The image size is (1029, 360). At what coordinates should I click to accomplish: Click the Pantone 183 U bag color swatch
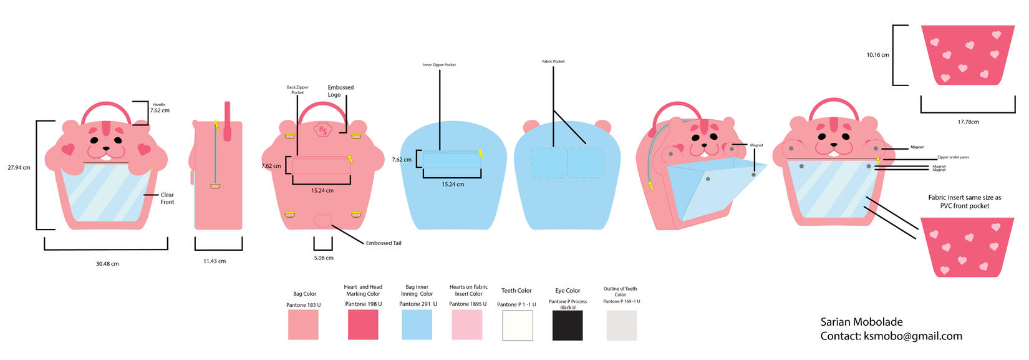pyautogui.click(x=303, y=325)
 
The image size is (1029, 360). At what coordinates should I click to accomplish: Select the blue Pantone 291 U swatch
pyautogui.click(x=417, y=325)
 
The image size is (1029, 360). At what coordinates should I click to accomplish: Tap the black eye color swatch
pyautogui.click(x=568, y=325)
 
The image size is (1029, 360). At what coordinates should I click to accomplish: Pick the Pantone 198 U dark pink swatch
pyautogui.click(x=363, y=325)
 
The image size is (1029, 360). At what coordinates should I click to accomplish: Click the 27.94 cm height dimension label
pyautogui.click(x=19, y=168)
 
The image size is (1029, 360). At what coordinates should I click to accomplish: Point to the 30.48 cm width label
pyautogui.click(x=107, y=264)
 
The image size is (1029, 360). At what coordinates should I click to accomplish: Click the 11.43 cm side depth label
pyautogui.click(x=215, y=261)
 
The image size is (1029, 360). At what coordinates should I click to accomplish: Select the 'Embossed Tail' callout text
pyautogui.click(x=384, y=243)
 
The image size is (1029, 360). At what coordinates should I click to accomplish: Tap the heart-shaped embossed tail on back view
pyautogui.click(x=323, y=221)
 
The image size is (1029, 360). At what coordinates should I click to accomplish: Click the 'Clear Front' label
pyautogui.click(x=167, y=198)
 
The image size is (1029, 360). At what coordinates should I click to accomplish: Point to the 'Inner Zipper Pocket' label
pyautogui.click(x=439, y=65)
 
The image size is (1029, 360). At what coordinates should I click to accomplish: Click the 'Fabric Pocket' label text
pyautogui.click(x=553, y=61)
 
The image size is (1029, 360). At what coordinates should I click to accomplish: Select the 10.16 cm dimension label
pyautogui.click(x=877, y=55)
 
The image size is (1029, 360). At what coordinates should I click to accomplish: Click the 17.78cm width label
pyautogui.click(x=968, y=122)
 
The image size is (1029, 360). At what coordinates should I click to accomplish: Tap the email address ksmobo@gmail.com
pyautogui.click(x=912, y=336)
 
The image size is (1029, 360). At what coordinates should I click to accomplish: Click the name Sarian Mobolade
pyautogui.click(x=861, y=322)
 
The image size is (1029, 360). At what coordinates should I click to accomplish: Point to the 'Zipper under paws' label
pyautogui.click(x=953, y=157)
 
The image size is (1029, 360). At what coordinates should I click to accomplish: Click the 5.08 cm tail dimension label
pyautogui.click(x=324, y=258)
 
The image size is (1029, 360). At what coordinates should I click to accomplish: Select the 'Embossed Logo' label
pyautogui.click(x=341, y=91)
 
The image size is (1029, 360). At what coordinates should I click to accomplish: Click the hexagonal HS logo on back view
pyautogui.click(x=323, y=129)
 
